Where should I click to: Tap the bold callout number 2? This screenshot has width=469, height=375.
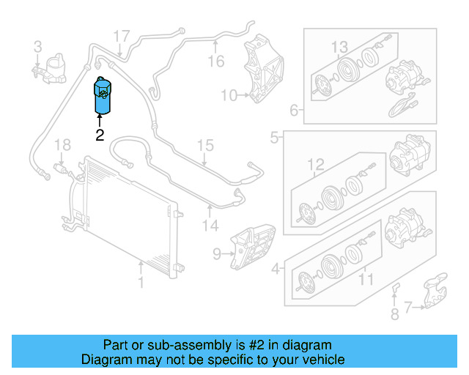[100, 135]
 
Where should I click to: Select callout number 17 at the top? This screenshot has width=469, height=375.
[121, 35]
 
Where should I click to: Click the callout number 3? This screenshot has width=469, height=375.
[37, 48]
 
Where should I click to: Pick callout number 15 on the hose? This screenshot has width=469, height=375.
[205, 145]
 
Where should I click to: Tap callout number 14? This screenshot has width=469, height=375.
[211, 226]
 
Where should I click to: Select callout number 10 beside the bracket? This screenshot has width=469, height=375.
[229, 94]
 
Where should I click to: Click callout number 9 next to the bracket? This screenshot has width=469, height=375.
[217, 254]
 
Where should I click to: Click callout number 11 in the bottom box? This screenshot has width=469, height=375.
[365, 278]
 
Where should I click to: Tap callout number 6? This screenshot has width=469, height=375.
[294, 111]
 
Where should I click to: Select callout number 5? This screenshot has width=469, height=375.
[275, 137]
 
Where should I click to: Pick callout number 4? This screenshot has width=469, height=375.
[276, 269]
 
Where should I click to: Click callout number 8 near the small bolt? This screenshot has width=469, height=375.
[394, 315]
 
